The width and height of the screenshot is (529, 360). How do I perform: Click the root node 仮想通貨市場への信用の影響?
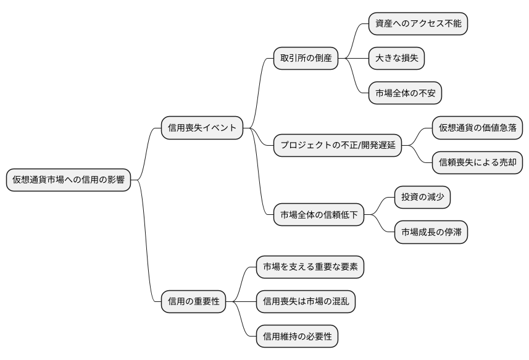pyautogui.click(x=68, y=180)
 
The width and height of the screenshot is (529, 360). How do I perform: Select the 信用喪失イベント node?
pyautogui.click(x=202, y=128)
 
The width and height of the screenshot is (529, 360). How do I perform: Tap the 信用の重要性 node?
pyautogui.click(x=193, y=302)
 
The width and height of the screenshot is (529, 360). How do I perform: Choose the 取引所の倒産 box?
pyautogui.click(x=306, y=59)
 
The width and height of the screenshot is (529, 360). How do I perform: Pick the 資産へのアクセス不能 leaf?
pyautogui.click(x=418, y=23)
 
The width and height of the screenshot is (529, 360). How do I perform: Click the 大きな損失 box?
pyautogui.click(x=396, y=59)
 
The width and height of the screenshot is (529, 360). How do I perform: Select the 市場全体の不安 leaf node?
pyautogui.click(x=405, y=94)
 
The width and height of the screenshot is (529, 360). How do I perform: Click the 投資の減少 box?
pyautogui.click(x=422, y=198)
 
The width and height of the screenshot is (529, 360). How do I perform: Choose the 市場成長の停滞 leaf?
pyautogui.click(x=431, y=233)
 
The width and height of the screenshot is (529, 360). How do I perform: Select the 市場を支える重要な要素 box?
pyautogui.click(x=310, y=267)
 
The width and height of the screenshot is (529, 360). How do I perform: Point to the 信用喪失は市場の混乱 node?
pyautogui.click(x=306, y=302)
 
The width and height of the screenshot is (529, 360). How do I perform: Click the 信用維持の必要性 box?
pyautogui.click(x=297, y=337)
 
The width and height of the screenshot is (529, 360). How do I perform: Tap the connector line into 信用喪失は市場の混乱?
pyautogui.click(x=241, y=302)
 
